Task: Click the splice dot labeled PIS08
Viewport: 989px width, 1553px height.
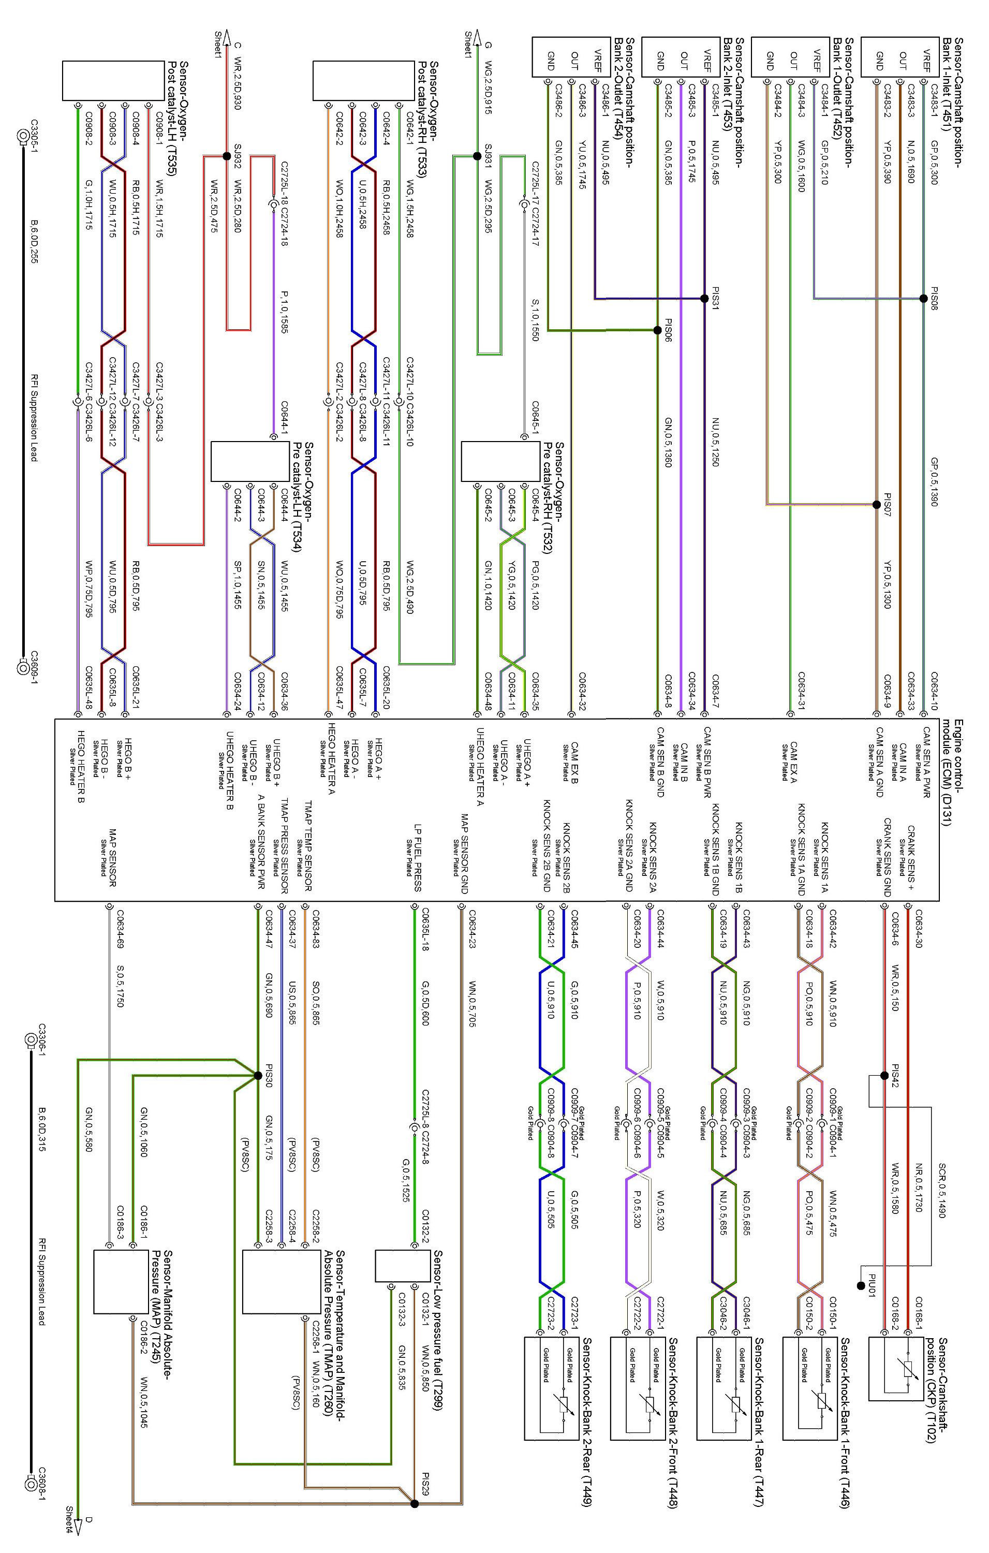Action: click(923, 298)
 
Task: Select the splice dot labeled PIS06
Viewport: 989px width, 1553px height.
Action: click(657, 330)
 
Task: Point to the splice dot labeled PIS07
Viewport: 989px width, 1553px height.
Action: click(876, 504)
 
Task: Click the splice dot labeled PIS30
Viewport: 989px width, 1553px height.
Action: click(258, 1075)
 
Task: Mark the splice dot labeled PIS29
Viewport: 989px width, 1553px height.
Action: click(415, 1503)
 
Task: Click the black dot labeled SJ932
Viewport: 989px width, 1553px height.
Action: click(226, 155)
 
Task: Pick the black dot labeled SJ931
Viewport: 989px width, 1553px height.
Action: click(477, 155)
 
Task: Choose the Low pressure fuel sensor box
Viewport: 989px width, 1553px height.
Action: click(402, 1265)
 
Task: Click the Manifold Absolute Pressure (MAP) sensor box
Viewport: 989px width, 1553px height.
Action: click(121, 1281)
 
